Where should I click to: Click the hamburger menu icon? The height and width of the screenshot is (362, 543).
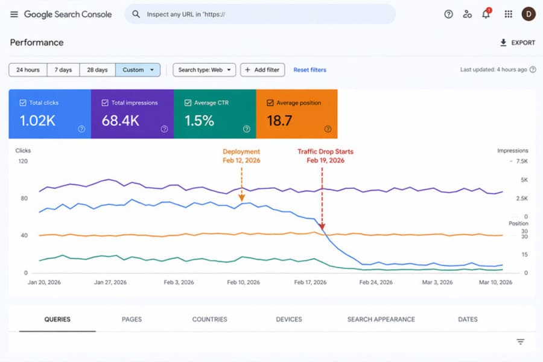14,14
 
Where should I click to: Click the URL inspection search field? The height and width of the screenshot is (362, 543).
259,14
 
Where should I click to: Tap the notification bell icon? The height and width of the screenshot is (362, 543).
486,14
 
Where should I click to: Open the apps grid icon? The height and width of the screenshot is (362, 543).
508,14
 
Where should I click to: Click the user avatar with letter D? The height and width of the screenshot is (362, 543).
528,14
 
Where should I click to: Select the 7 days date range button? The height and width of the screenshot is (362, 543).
63,70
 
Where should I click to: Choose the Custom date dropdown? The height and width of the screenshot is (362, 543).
138,70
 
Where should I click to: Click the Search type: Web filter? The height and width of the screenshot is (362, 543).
204,70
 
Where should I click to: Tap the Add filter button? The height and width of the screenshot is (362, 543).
262,70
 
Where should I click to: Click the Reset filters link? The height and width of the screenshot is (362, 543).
310,70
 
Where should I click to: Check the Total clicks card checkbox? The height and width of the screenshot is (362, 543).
23,103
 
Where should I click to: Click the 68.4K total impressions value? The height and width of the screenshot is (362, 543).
120,121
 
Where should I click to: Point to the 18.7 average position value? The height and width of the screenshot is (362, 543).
279,121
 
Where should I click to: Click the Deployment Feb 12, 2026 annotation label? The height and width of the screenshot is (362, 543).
241,156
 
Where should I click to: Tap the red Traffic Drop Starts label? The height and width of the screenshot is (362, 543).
325,156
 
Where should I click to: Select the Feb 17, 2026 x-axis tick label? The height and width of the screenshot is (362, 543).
310,282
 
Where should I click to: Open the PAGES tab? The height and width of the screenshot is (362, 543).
132,319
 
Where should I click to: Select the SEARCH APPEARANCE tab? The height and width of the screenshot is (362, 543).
381,319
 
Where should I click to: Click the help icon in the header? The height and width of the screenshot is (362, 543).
448,14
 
